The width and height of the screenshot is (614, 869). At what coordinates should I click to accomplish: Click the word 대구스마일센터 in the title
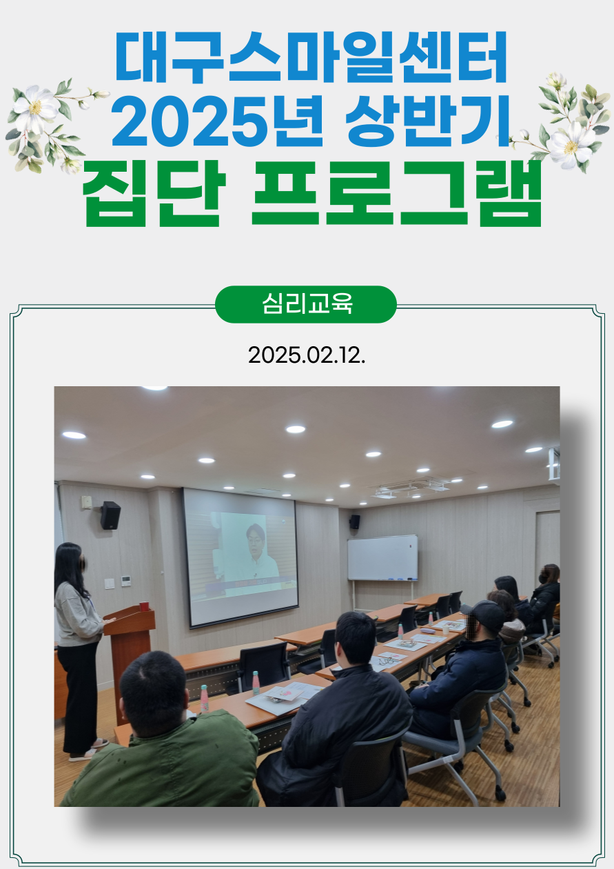[311, 57]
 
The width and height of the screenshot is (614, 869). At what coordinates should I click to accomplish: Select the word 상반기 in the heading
[427, 121]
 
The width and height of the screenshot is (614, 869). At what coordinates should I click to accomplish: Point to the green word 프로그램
[396, 193]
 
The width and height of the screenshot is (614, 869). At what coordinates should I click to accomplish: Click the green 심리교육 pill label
[306, 304]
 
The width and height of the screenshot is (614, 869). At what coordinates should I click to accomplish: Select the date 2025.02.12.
[307, 355]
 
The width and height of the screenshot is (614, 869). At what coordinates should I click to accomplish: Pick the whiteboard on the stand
[382, 558]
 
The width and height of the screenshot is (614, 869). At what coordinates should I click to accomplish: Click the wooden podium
[130, 644]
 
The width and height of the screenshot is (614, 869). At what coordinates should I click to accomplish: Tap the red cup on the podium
[144, 606]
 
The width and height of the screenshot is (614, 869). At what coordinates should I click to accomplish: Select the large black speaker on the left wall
[110, 515]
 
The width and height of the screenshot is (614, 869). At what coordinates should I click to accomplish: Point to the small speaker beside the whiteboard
[355, 522]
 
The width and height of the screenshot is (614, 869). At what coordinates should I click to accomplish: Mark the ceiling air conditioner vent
[411, 488]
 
